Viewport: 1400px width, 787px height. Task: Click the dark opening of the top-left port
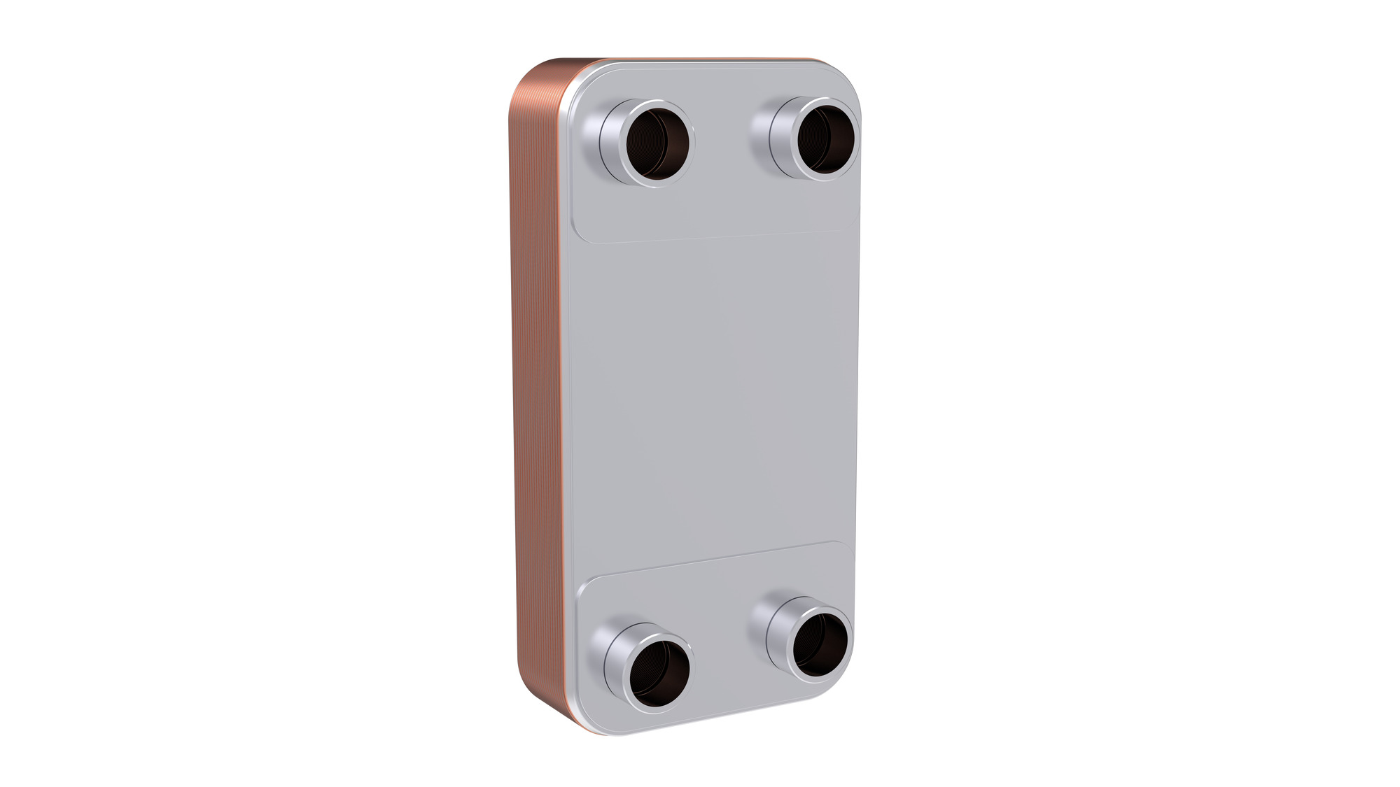click(657, 144)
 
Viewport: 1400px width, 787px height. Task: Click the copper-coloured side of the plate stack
click(535, 392)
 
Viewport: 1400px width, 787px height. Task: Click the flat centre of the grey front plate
click(710, 392)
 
